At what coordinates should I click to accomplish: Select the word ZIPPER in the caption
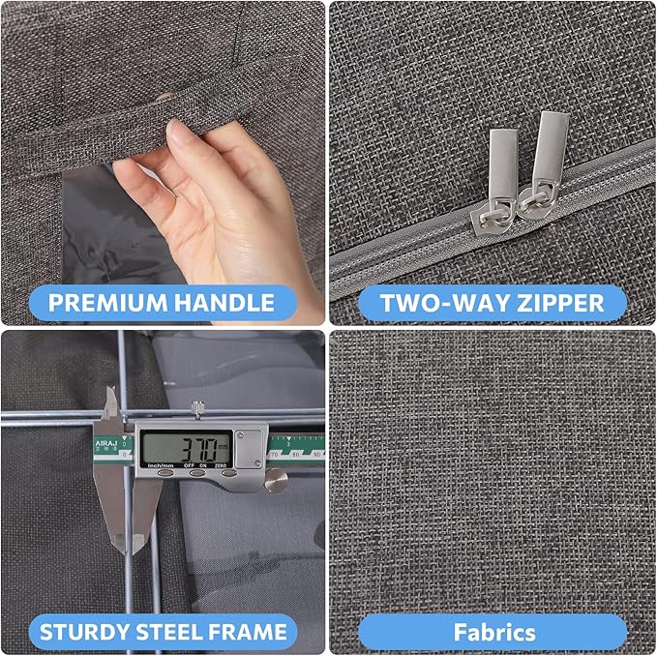coord(556,302)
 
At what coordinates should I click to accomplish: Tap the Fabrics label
coord(494,632)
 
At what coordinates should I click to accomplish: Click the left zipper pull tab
coord(500,164)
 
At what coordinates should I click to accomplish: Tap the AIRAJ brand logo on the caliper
coord(105,444)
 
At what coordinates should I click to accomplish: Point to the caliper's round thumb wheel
coord(277,478)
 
